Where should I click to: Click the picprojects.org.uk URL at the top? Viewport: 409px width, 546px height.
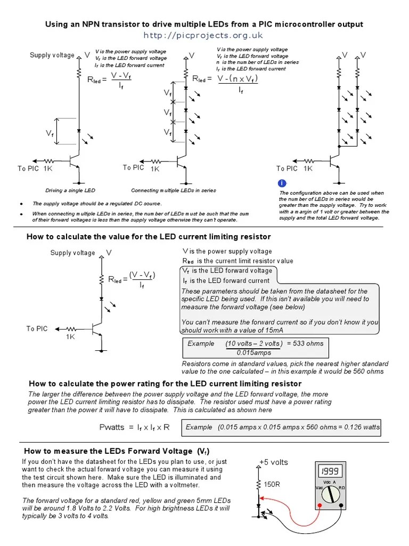click(x=203, y=35)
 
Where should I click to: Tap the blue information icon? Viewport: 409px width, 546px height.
click(x=282, y=184)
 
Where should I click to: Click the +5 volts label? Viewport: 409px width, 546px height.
click(x=273, y=462)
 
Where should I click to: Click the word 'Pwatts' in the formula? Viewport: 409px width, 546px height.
click(x=112, y=427)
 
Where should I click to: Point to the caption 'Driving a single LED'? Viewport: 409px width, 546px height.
click(x=70, y=190)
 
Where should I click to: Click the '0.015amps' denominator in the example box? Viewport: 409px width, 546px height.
click(x=254, y=352)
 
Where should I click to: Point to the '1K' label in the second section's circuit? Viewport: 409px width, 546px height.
click(x=70, y=337)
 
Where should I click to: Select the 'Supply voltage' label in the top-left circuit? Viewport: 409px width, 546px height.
click(x=52, y=55)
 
